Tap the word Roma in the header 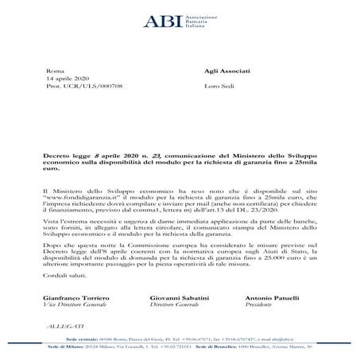(x=55, y=70)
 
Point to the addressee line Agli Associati (x=224, y=70)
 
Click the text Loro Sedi (x=218, y=88)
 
